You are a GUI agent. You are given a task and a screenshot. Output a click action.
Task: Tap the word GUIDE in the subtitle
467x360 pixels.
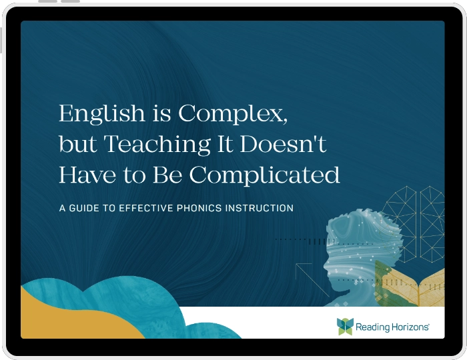[x=86, y=208]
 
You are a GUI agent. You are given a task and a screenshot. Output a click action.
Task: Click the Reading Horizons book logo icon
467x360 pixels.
[x=345, y=326]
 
